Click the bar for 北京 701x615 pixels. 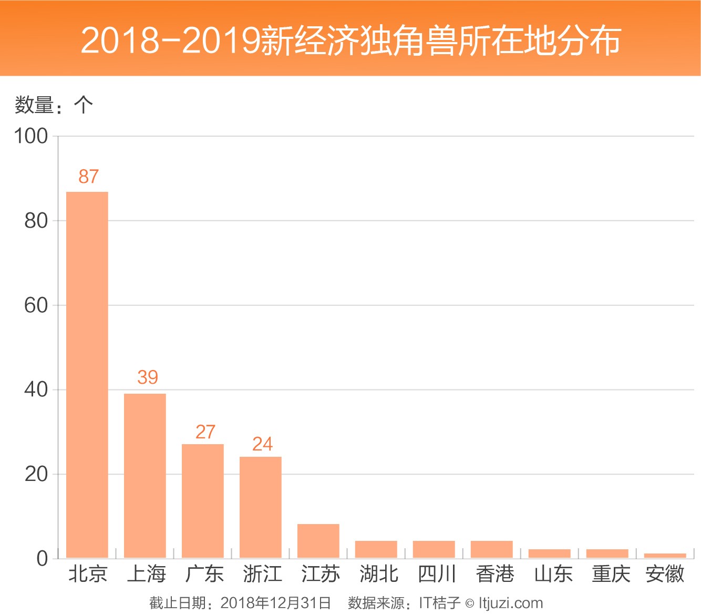(x=87, y=374)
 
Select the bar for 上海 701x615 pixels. (x=145, y=475)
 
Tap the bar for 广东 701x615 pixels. (x=202, y=500)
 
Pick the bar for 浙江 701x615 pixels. (x=260, y=507)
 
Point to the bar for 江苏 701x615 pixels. (x=318, y=540)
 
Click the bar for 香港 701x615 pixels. (x=491, y=549)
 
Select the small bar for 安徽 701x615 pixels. (x=665, y=555)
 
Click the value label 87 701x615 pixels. (x=89, y=177)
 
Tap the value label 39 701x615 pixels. (x=148, y=377)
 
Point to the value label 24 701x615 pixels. (x=262, y=444)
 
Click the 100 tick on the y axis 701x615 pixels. (x=31, y=136)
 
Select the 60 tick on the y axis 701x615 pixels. (x=36, y=305)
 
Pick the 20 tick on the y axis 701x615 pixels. (x=36, y=474)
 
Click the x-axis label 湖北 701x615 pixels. (x=379, y=574)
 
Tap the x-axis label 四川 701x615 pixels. (x=437, y=574)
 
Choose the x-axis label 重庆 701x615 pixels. (x=611, y=574)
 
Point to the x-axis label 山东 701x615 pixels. (x=553, y=574)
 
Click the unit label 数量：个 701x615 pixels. (x=54, y=105)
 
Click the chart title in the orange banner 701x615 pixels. (x=350, y=40)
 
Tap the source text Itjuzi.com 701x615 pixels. (x=510, y=603)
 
